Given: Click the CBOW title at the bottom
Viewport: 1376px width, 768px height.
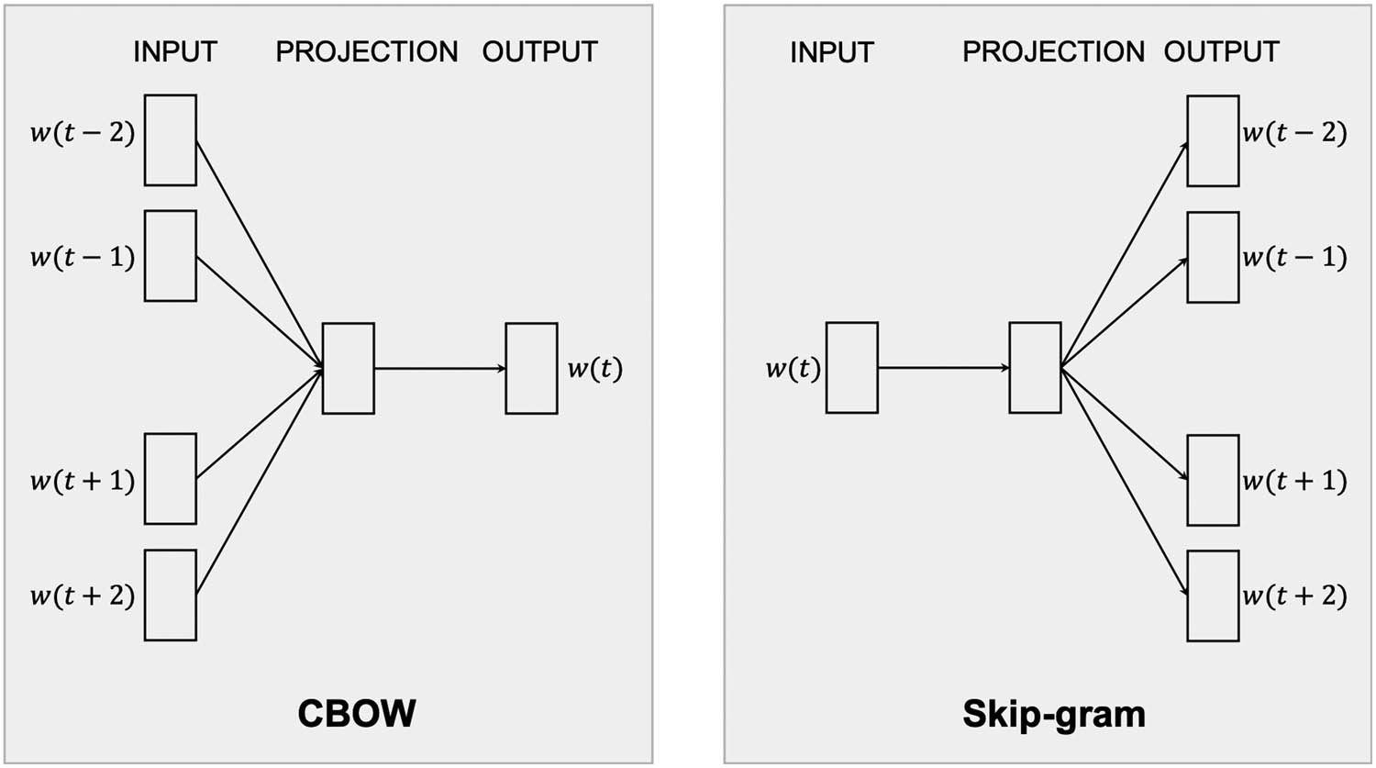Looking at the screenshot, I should pos(357,713).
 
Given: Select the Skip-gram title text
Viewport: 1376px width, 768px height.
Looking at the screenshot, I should pos(1053,713).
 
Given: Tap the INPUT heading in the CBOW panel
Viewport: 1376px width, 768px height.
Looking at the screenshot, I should pos(174,51).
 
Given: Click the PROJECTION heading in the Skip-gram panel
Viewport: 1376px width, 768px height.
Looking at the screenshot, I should pos(1053,51).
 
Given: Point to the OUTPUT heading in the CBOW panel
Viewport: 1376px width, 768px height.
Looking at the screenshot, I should pos(539,51).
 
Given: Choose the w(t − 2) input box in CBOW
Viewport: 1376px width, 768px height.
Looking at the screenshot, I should pos(171,140).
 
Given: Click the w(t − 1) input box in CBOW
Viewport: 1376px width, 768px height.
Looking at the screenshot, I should pos(171,256).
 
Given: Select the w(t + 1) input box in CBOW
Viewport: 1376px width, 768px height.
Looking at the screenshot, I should pos(171,479).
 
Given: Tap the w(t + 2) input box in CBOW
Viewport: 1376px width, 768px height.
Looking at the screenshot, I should pos(171,595).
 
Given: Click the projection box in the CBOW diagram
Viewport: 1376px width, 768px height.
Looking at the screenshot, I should pos(349,368).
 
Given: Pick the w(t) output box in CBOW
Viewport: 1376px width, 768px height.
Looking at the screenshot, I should pos(531,368).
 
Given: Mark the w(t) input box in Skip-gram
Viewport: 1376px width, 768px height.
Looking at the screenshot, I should pos(851,367).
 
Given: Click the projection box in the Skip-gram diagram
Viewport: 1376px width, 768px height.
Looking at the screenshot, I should pos(1035,367).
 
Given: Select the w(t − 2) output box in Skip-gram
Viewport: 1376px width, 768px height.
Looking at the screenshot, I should pos(1213,140).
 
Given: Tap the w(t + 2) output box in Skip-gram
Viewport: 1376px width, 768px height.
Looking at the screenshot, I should pos(1213,595).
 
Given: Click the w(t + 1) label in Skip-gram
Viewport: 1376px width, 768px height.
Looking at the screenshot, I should pos(1294,481).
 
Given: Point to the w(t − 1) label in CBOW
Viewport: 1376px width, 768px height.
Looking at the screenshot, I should pos(83,257).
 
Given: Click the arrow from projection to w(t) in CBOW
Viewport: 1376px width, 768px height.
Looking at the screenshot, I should pos(439,368).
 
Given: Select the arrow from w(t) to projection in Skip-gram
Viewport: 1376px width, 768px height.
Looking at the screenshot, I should pos(943,367).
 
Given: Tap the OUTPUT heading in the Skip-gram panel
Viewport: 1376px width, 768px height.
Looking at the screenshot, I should pos(1221,51).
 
